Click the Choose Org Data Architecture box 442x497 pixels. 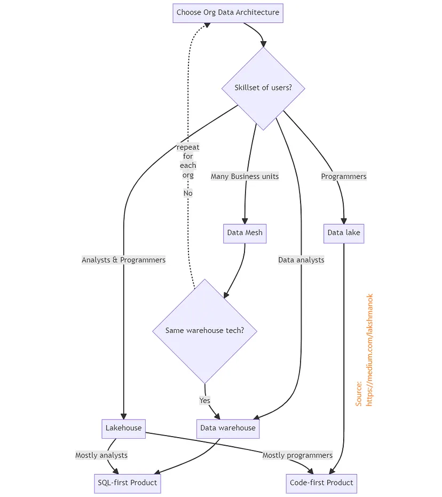228,13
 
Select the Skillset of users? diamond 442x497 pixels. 263,88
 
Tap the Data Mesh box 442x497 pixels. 244,233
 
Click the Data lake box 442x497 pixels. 344,233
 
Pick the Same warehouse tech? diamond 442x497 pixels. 204,331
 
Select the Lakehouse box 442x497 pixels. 123,428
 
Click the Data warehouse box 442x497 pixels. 228,428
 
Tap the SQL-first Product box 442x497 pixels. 127,483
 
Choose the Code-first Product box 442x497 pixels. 321,483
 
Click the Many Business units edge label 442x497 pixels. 244,176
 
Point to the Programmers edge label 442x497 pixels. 344,176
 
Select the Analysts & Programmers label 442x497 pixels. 123,260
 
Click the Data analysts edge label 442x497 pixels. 301,260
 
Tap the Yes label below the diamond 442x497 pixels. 205,401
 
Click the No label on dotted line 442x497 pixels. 188,193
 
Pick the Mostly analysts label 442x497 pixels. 101,455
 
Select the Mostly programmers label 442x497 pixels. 297,455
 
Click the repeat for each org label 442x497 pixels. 188,161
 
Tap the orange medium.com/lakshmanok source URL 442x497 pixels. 369,350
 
